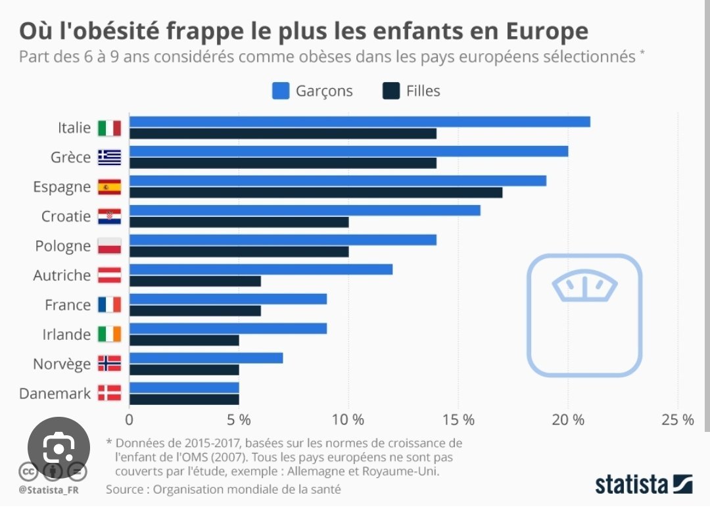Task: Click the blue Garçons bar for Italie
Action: coord(360,122)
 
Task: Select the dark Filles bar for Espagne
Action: coord(316,193)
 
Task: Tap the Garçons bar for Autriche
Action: coord(261,270)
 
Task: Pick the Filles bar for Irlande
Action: coord(184,341)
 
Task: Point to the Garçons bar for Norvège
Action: coord(206,358)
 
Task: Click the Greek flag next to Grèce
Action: coord(109,157)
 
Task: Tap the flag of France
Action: coord(109,305)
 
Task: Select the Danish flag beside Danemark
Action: coord(109,393)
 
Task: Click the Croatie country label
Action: coord(66,216)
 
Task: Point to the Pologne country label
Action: coord(63,246)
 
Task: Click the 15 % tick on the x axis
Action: coord(458,419)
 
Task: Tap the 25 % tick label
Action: coord(678,419)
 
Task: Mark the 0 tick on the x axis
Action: coord(129,419)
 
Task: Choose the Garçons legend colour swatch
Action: coord(281,91)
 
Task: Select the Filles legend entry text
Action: coord(423,91)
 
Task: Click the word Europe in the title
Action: coord(542,31)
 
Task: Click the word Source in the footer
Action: coord(125,489)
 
